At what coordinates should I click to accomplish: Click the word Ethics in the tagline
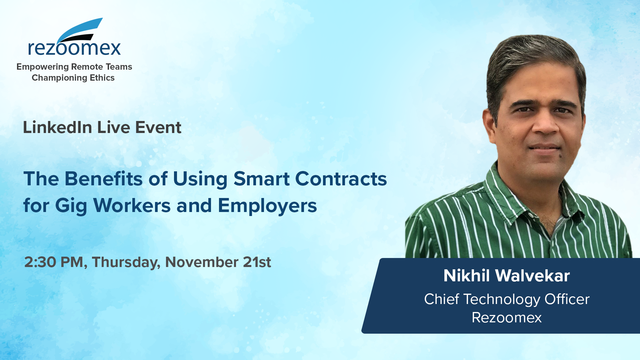tap(102, 78)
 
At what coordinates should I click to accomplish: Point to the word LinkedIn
tap(57, 127)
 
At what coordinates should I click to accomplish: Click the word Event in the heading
tap(158, 127)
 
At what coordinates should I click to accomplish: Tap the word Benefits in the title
tap(104, 179)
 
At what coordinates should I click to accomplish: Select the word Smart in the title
tap(261, 179)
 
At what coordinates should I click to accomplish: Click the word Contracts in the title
tap(341, 179)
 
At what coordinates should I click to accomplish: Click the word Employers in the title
tap(267, 206)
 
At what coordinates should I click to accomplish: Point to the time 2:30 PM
tap(53, 262)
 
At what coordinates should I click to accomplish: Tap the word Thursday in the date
tap(125, 262)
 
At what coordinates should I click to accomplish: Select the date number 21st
tap(257, 262)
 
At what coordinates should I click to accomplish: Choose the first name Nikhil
tap(466, 276)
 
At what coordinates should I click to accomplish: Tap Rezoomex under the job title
tap(507, 317)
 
